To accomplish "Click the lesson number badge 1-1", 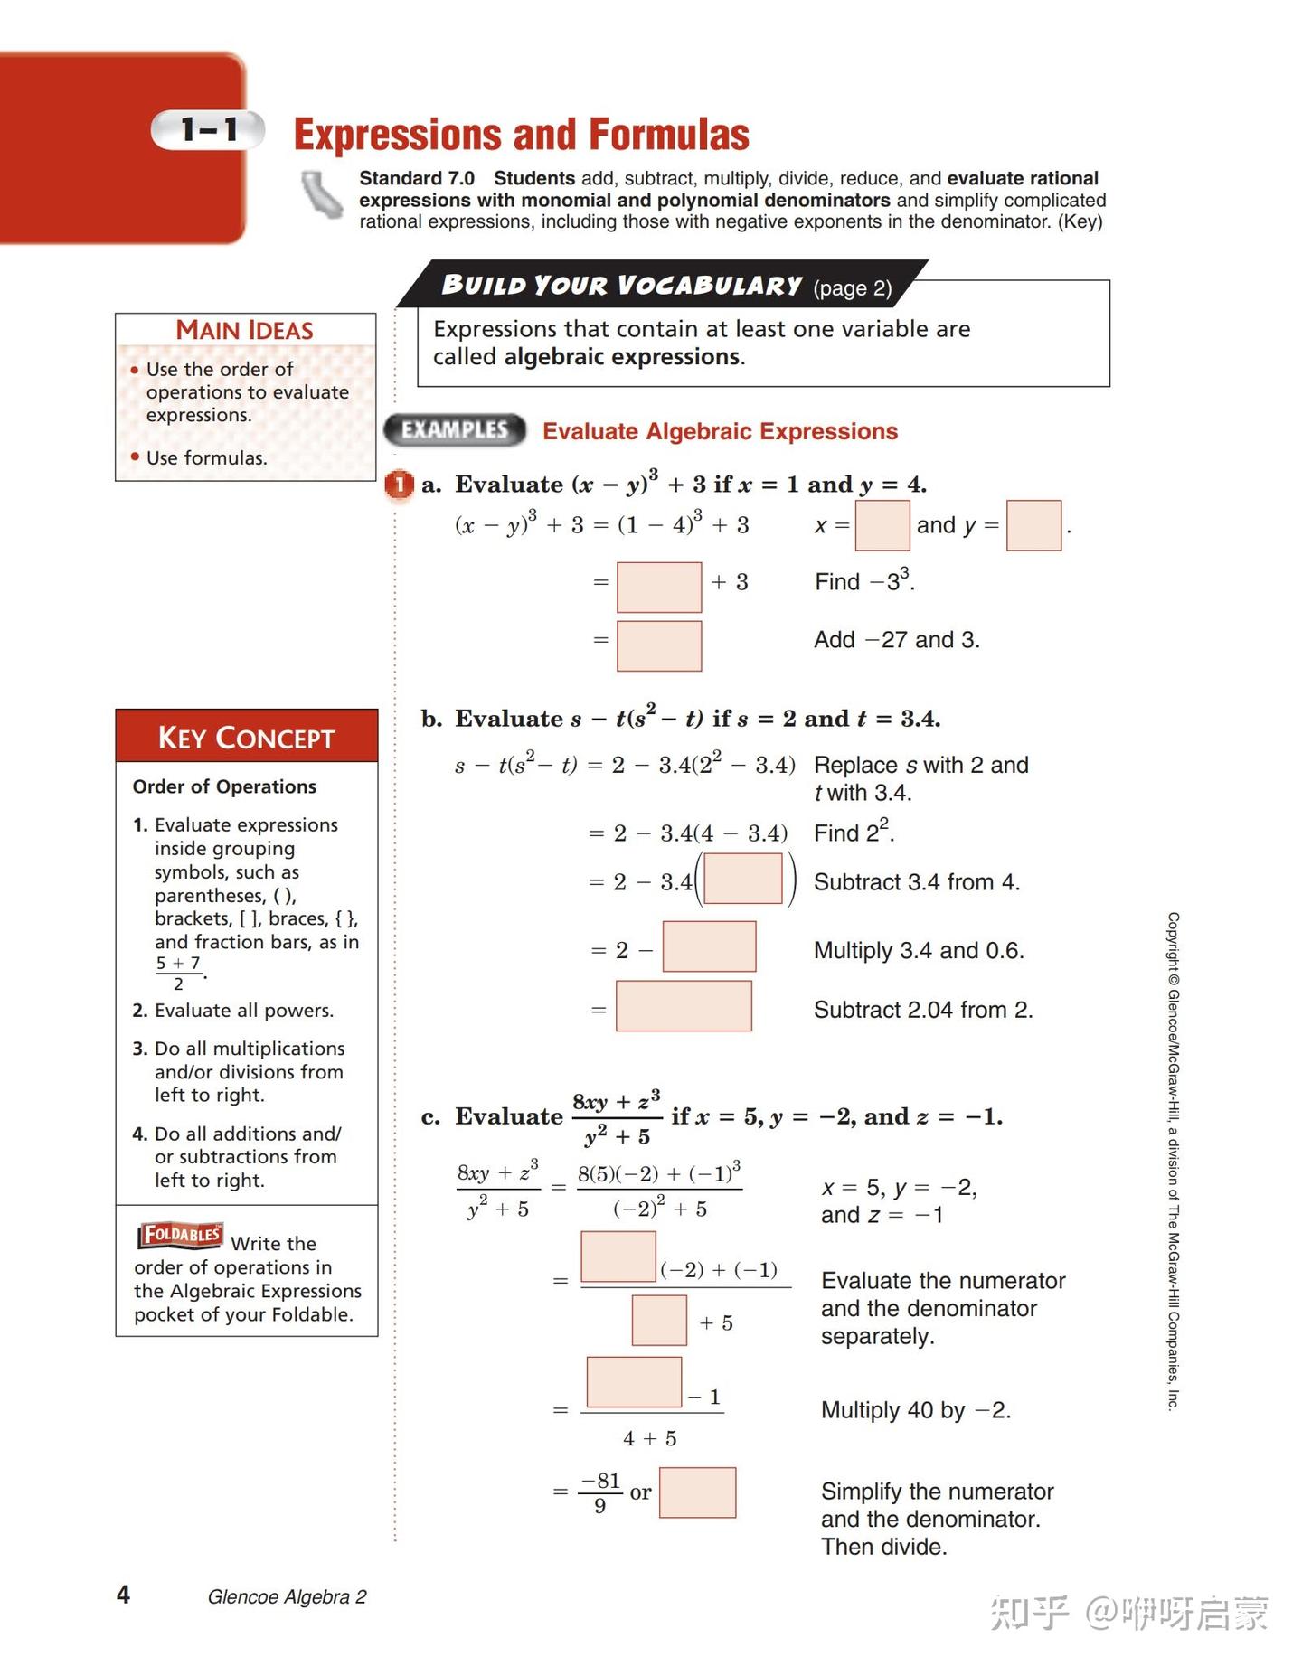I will coord(208,130).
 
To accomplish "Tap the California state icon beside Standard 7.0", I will coord(322,194).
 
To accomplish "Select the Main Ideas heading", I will coord(244,330).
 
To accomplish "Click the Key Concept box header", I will coord(246,737).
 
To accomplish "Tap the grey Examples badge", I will coord(455,430).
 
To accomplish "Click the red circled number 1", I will coord(399,485).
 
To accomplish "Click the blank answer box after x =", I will coord(882,525).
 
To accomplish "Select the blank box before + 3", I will coord(658,587).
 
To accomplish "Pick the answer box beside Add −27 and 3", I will coord(658,645).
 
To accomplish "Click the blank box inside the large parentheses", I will coord(742,879).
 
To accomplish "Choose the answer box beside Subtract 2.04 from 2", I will coord(684,1006).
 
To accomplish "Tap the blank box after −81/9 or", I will coord(697,1492).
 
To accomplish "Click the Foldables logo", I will coord(180,1235).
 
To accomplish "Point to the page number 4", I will coord(124,1594).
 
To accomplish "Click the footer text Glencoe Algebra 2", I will coord(287,1597).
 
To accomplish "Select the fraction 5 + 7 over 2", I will coord(178,973).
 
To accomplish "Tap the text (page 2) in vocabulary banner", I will coord(852,288).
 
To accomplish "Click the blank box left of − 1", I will coord(634,1381).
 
